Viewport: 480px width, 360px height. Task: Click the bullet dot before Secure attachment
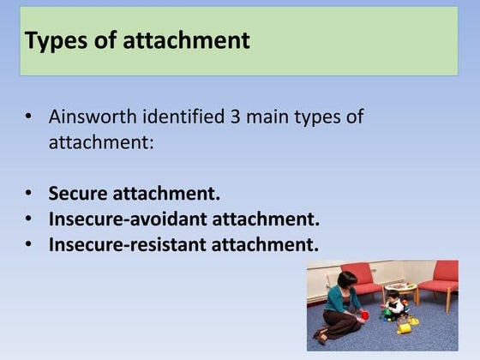click(29, 195)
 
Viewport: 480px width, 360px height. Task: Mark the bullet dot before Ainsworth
click(29, 117)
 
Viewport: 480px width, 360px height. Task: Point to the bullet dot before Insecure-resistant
click(29, 245)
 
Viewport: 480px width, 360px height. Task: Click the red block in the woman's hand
click(364, 315)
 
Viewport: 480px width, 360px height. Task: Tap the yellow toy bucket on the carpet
click(404, 327)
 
